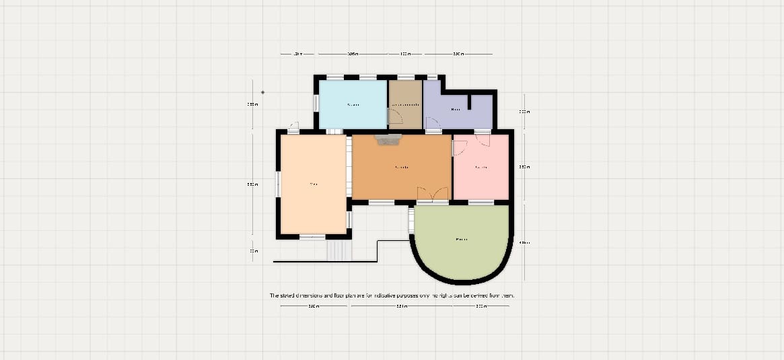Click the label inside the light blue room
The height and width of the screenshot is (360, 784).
353,105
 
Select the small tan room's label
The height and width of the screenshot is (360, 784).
406,105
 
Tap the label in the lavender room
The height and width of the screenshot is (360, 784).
456,108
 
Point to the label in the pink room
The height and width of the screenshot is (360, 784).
480,167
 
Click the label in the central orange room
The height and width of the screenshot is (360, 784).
402,167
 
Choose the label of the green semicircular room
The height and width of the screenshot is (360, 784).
462,240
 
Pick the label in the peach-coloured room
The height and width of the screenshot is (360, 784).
313,184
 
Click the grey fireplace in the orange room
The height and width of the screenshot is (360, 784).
388,139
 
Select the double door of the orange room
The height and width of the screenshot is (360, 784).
432,194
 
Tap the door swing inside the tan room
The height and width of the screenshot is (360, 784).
396,117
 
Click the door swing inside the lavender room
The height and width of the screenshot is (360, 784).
433,123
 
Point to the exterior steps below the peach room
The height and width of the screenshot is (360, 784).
339,250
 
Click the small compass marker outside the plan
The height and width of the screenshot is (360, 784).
262,92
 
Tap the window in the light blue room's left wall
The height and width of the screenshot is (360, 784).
316,104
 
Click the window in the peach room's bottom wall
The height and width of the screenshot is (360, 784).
312,237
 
